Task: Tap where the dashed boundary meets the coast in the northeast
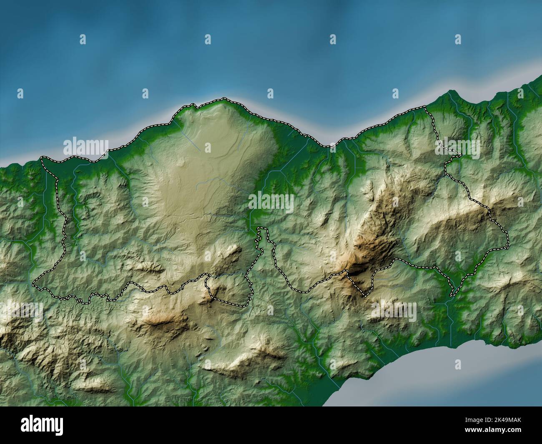click(424, 107)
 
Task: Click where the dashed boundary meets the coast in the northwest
click(42, 158)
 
